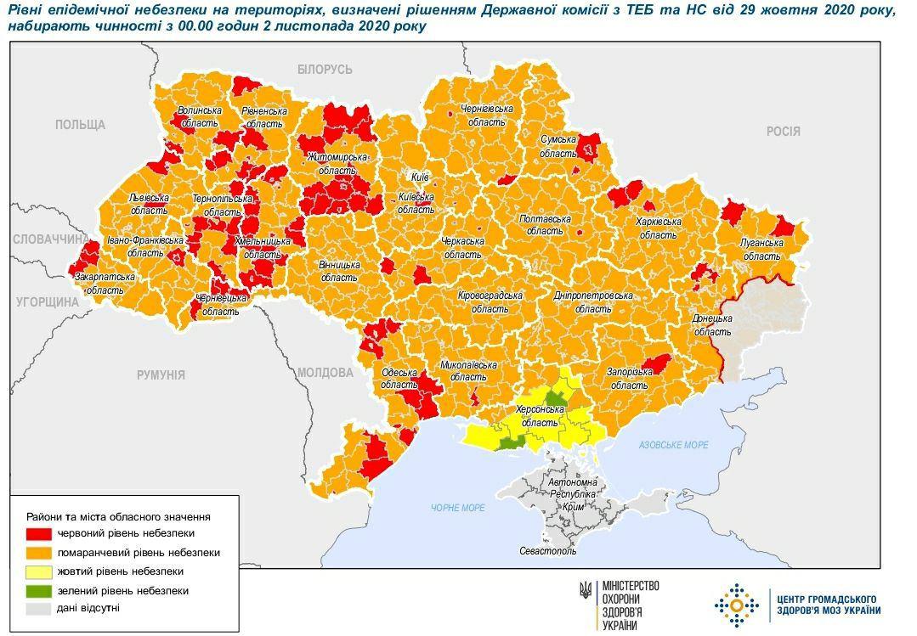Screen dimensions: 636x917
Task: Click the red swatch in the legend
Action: click(39, 533)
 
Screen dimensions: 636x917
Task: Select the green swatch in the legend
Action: click(39, 589)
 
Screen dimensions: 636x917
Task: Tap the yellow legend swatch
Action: click(39, 571)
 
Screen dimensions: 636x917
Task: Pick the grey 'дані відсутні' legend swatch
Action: click(39, 608)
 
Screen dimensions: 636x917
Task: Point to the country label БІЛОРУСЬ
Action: click(324, 70)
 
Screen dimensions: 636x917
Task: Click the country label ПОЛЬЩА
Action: click(80, 125)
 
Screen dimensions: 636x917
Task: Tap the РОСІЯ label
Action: click(783, 131)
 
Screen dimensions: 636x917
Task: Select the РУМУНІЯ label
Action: click(161, 374)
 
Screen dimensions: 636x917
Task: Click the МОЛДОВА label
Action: click(325, 372)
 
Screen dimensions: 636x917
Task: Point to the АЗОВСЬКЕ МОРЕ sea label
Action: click(673, 445)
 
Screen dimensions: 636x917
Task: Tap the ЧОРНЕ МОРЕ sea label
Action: click(457, 507)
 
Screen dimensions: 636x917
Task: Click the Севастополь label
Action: click(547, 551)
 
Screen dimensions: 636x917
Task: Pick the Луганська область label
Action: click(761, 247)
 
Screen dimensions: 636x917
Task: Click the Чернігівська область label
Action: click(487, 115)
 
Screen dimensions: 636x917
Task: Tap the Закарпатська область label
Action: click(105, 283)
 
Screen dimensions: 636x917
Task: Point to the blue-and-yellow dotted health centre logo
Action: click(736, 605)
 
